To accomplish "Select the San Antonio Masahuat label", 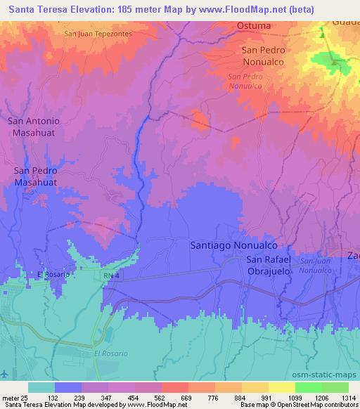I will click(34, 126).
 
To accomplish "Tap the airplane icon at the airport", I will click(6, 373).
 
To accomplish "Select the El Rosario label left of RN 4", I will click(53, 275).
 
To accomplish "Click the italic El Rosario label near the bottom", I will click(110, 354).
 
